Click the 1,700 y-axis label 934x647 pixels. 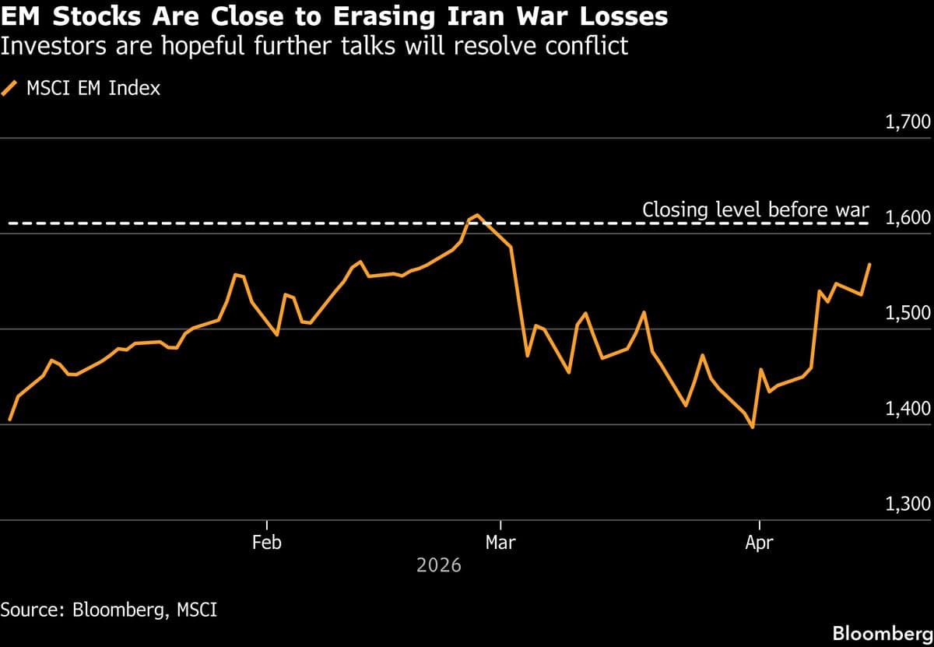(908, 122)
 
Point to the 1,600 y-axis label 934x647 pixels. (908, 217)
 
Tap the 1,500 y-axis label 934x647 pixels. (908, 313)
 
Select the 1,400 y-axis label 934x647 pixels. (908, 409)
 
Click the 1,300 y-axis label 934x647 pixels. (908, 504)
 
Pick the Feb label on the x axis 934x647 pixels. (267, 543)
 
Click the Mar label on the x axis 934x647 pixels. (500, 543)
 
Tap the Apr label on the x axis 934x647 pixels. (759, 543)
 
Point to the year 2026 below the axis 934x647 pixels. (439, 565)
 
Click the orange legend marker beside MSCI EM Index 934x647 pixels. (10, 88)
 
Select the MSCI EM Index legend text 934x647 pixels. (93, 88)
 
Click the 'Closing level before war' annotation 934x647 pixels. (755, 210)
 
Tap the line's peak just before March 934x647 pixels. (478, 215)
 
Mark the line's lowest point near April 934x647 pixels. (753, 427)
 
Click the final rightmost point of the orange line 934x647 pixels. (870, 265)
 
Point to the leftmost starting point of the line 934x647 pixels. (9, 420)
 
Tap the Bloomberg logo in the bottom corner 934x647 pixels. (882, 633)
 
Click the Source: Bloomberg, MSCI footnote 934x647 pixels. (109, 609)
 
